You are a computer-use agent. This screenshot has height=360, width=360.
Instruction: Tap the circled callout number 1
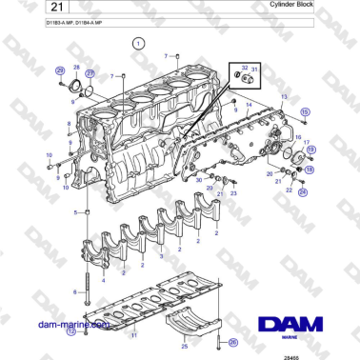138,44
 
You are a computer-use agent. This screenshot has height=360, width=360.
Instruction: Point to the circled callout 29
60,70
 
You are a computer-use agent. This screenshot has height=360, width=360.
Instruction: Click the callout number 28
76,67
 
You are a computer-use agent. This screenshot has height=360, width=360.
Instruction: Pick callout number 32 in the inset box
244,69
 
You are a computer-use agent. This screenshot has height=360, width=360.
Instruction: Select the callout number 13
284,97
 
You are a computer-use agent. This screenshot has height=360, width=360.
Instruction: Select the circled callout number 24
303,192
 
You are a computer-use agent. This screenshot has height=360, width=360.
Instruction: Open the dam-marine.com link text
71,325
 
